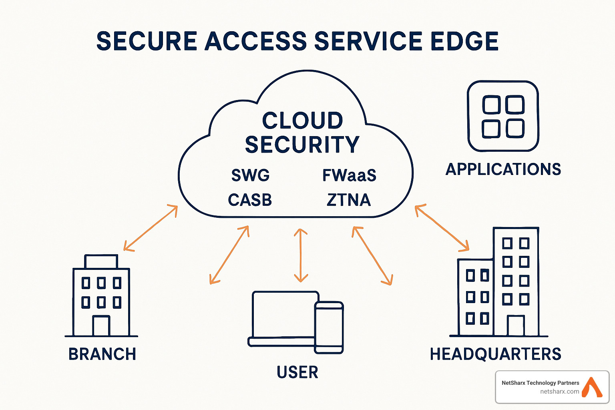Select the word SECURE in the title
pyautogui.click(x=147, y=41)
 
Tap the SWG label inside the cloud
pyautogui.click(x=251, y=175)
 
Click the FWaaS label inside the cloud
pyautogui.click(x=349, y=175)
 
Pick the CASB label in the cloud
pyautogui.click(x=250, y=200)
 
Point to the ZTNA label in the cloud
pyautogui.click(x=349, y=200)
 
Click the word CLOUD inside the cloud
pyautogui.click(x=302, y=121)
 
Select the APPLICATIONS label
pyautogui.click(x=503, y=169)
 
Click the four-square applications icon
pyautogui.click(x=503, y=117)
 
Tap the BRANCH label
pyautogui.click(x=102, y=354)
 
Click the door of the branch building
pyautogui.click(x=101, y=326)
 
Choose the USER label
pyautogui.click(x=297, y=372)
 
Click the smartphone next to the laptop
pyautogui.click(x=329, y=328)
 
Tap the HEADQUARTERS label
pyautogui.click(x=496, y=354)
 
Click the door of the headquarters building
pyautogui.click(x=516, y=326)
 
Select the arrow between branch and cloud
pyautogui.click(x=151, y=228)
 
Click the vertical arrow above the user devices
pyautogui.click(x=301, y=255)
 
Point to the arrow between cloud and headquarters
pyautogui.click(x=442, y=228)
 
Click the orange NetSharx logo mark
pyautogui.click(x=592, y=387)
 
